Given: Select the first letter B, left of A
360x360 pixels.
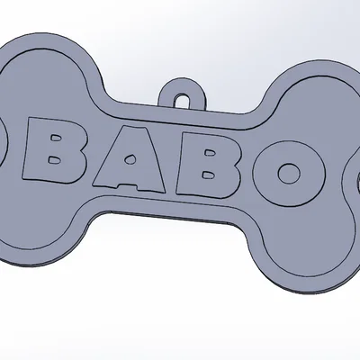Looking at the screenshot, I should click(64, 157).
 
